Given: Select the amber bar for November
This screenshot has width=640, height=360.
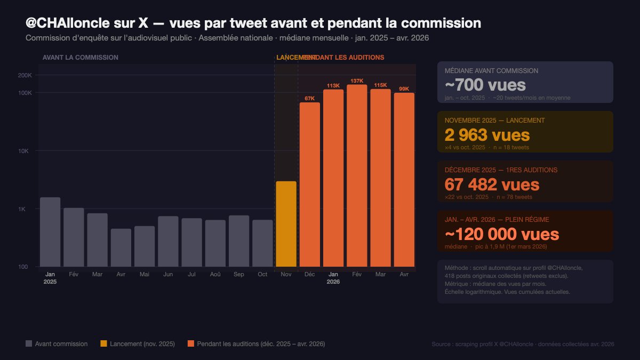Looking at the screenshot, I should (286, 224).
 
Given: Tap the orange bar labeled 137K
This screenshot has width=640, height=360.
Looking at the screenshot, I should (357, 175).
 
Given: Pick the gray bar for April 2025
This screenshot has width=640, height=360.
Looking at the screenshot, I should (121, 247).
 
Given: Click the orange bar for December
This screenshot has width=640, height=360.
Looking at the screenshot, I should (309, 185).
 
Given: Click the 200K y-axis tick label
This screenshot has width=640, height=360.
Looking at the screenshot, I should (25, 75).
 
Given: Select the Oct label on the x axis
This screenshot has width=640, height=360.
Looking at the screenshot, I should (262, 274).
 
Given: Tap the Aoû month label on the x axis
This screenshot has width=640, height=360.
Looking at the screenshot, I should (215, 274).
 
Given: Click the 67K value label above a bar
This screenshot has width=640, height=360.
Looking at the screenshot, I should (309, 98).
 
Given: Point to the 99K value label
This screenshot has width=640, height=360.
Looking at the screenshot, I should (404, 89).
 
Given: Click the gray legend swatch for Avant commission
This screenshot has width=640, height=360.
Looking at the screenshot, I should (29, 344).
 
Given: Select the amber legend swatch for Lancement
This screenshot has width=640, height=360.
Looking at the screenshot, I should (103, 344).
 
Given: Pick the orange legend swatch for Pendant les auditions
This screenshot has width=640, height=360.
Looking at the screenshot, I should (191, 344).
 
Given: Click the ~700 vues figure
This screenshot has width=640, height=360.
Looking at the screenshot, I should (485, 85).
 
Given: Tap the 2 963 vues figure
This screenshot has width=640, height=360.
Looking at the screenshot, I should (487, 135).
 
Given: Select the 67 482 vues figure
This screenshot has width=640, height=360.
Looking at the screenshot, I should (492, 185).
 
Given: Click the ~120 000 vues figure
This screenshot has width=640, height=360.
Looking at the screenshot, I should (501, 234).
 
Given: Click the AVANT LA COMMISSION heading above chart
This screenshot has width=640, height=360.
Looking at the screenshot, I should (80, 57).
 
